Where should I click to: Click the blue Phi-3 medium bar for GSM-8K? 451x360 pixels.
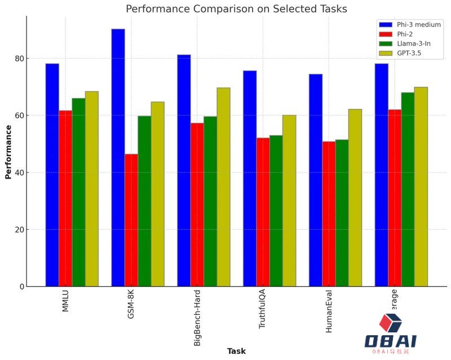pyautogui.click(x=118, y=158)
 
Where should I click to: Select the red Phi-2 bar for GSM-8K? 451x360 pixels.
pyautogui.click(x=131, y=220)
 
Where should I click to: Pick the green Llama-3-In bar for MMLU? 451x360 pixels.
pyautogui.click(x=78, y=192)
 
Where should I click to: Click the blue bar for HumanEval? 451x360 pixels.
pyautogui.click(x=316, y=180)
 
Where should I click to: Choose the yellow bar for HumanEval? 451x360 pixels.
pyautogui.click(x=355, y=198)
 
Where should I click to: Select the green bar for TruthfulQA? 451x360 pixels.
pyautogui.click(x=276, y=211)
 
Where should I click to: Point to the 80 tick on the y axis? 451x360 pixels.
pyautogui.click(x=20, y=59)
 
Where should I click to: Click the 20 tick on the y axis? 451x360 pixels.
pyautogui.click(x=20, y=230)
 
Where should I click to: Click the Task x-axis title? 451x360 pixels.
pyautogui.click(x=236, y=352)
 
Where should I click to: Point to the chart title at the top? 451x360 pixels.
pyautogui.click(x=236, y=9)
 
